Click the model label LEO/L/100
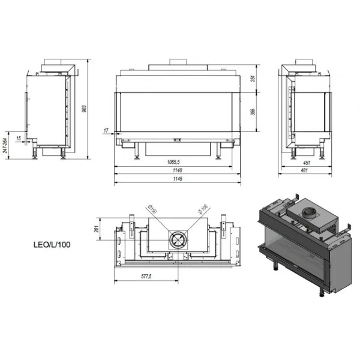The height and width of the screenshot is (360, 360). point(52,245)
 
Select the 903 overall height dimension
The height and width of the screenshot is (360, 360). point(84,109)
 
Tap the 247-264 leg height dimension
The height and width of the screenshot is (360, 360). point(5,145)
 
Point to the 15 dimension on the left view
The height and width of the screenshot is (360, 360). point(19,138)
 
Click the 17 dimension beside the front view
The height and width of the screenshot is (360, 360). point(106,130)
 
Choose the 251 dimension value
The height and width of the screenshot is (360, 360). point(253,78)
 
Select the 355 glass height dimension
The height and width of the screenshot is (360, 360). point(253,112)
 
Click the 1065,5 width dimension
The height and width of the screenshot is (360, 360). point(173,162)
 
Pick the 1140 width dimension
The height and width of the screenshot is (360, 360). point(177,170)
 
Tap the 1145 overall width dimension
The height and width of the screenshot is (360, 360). point(178,179)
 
